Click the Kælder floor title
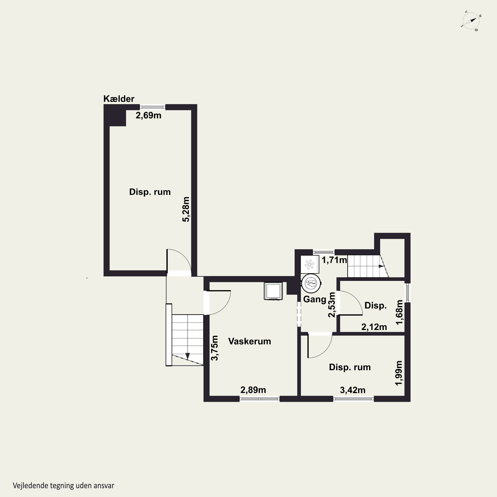119,99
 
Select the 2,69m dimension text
148,115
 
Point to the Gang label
315,299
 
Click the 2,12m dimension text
374,327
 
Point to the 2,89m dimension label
253,390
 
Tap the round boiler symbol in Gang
311,283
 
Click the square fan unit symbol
310,264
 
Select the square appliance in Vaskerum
273,291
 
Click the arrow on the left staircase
188,356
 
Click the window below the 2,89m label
260,399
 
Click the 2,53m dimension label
332,305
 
